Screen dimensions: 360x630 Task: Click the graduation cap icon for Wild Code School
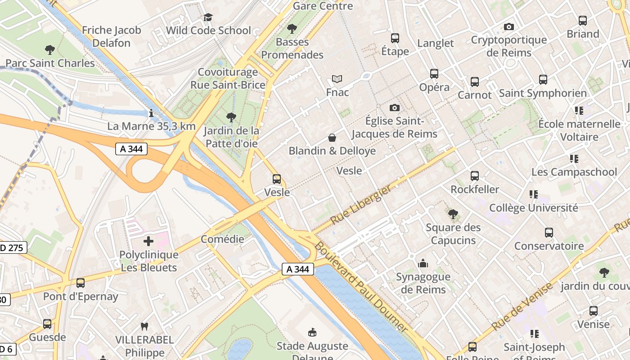[208, 17]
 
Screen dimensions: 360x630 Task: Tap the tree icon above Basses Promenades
[292, 29]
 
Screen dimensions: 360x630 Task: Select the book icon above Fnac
[337, 79]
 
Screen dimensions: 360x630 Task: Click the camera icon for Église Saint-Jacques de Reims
[395, 108]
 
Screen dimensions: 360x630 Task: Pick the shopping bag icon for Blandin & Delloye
[332, 137]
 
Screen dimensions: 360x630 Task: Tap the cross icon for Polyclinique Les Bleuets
[148, 241]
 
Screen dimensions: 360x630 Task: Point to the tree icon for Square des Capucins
[453, 214]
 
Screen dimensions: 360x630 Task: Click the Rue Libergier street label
[361, 205]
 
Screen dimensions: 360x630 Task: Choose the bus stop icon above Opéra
[434, 73]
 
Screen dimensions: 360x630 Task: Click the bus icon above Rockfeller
[475, 176]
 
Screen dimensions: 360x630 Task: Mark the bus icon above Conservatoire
[549, 233]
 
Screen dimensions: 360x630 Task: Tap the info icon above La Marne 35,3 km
[151, 113]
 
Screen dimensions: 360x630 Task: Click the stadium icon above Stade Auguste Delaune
[312, 333]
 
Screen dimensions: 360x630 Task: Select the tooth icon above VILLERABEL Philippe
[144, 326]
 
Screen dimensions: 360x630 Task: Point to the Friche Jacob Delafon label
[112, 36]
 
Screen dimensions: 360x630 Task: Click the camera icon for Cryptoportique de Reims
[509, 27]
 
